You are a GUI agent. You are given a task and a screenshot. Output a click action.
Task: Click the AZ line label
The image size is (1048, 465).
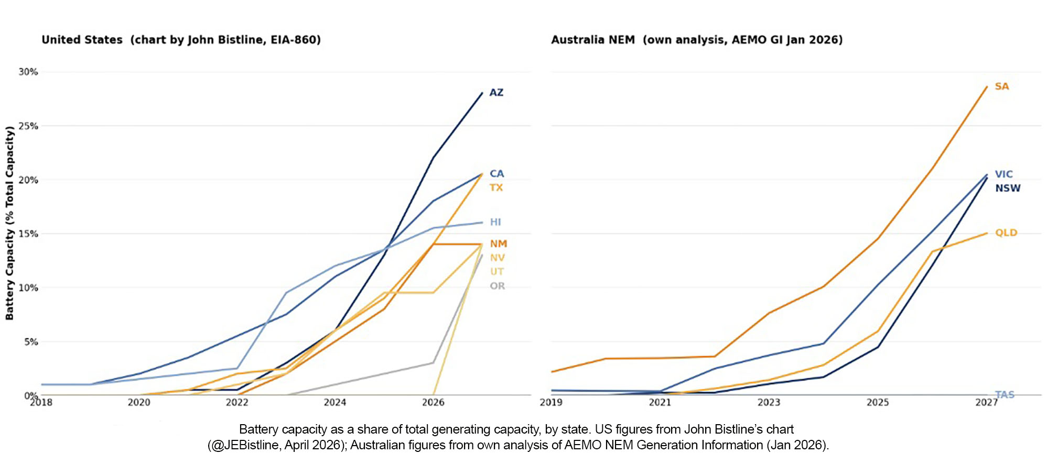tap(496, 93)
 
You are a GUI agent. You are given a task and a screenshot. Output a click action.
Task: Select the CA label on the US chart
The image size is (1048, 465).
tap(496, 174)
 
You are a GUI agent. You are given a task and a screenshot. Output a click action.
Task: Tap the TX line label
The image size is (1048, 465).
tap(496, 187)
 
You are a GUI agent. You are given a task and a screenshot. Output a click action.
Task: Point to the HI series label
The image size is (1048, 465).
tap(495, 222)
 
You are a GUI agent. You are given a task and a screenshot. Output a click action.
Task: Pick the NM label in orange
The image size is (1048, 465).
tap(499, 244)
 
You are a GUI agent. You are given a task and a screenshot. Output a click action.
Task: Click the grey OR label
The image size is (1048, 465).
tap(497, 286)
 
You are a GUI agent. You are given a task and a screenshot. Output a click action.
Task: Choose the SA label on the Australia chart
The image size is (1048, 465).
tap(1001, 86)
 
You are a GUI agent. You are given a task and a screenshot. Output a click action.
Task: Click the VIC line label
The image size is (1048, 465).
tap(1003, 174)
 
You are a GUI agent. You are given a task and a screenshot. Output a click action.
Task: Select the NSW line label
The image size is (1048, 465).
tap(1008, 189)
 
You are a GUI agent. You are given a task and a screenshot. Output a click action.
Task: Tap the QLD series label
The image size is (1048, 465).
tap(1006, 233)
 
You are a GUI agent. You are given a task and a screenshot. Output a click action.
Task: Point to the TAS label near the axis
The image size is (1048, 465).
tap(1004, 395)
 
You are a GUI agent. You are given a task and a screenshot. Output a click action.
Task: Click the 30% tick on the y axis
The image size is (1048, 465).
tap(28, 72)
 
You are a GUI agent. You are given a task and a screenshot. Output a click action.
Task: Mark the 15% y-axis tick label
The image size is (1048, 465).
tap(28, 234)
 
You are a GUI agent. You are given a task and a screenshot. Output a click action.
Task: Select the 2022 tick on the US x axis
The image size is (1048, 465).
tap(237, 402)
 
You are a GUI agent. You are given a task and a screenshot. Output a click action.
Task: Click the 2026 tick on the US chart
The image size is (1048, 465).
tap(433, 402)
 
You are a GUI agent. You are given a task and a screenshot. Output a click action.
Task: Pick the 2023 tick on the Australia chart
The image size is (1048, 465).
tap(769, 402)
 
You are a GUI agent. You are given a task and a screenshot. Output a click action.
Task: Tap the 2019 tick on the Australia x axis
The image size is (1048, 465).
tap(551, 402)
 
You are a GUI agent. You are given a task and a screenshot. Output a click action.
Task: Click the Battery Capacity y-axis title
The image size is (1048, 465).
tap(9, 223)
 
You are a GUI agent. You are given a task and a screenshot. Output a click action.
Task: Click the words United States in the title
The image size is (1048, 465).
tap(82, 40)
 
